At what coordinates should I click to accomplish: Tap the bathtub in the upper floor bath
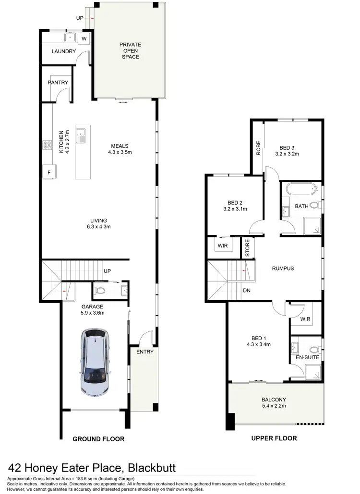click(300, 189)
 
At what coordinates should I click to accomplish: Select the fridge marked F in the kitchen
click(48, 171)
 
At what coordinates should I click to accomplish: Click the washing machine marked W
click(84, 38)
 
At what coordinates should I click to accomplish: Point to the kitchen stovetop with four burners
click(48, 144)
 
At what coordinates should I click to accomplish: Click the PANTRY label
click(58, 82)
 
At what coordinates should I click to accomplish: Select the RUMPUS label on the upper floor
click(282, 269)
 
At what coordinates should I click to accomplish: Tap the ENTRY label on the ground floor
click(144, 352)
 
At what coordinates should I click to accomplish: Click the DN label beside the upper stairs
click(246, 291)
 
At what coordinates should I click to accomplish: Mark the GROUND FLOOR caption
click(98, 438)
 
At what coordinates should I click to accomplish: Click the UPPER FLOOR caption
click(274, 438)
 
